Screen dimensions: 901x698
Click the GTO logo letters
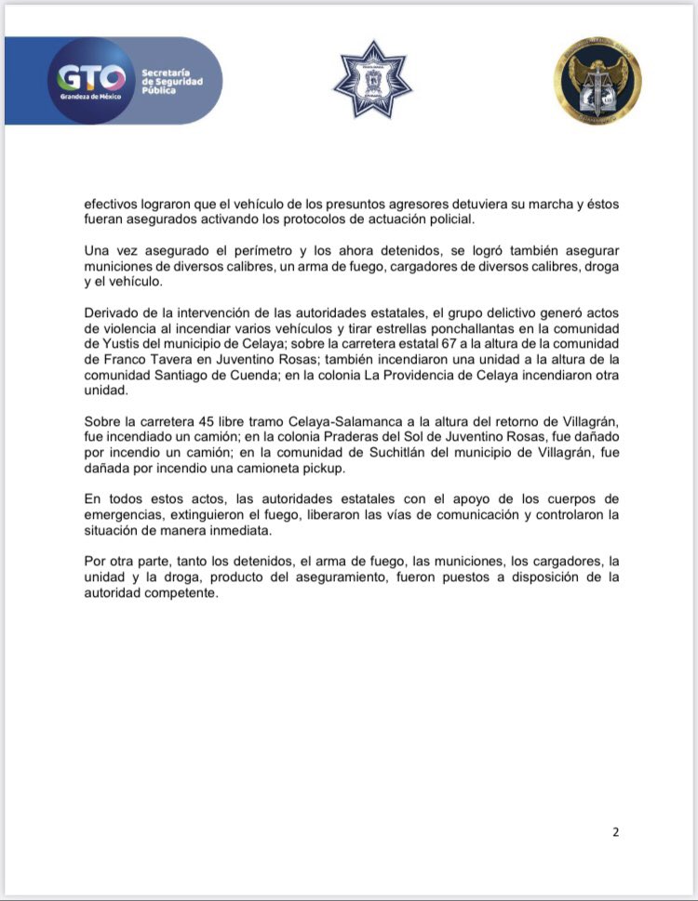coord(90,75)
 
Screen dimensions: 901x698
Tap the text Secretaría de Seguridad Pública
coord(171,80)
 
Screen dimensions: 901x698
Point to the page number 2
coord(615,831)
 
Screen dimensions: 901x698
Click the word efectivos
coord(110,203)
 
